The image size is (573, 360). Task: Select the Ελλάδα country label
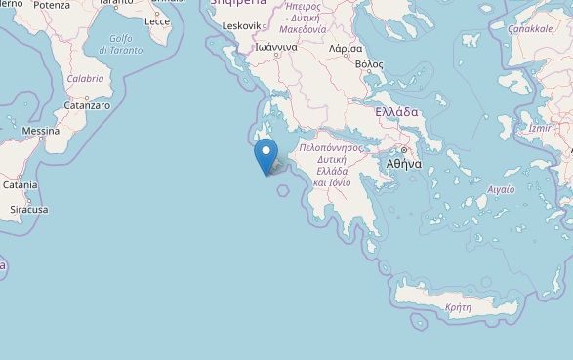(397, 112)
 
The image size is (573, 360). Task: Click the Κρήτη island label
(458, 306)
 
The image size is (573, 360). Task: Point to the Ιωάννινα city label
(275, 46)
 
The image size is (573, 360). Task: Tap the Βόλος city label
(370, 63)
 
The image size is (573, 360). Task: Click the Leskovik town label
(242, 25)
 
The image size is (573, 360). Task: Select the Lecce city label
(157, 20)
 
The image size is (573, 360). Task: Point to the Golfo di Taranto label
(121, 44)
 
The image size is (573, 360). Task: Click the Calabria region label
(85, 79)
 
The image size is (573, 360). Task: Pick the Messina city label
(41, 131)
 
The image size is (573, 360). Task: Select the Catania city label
(20, 184)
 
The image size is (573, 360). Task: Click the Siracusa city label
(28, 209)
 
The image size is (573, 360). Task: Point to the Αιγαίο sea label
(501, 189)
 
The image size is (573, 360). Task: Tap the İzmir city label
(539, 128)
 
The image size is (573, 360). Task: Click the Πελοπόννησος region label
(331, 147)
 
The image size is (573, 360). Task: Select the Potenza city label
(52, 5)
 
